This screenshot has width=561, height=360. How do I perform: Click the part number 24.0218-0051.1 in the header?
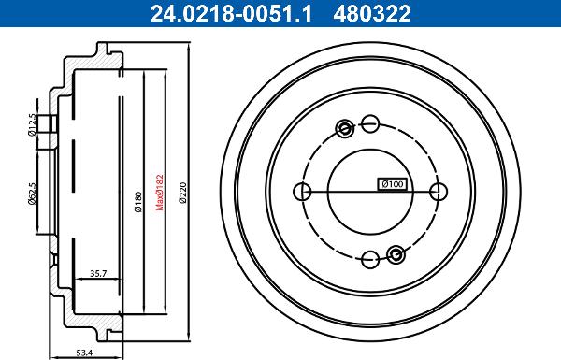pos(231,13)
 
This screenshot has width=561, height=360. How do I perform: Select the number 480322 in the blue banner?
pos(372,13)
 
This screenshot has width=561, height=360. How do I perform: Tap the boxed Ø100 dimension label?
pos(392,184)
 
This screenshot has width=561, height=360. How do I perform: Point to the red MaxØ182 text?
pos(160,192)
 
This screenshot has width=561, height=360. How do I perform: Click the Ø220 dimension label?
pos(183,193)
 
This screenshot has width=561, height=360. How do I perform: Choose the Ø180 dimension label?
pos(138,201)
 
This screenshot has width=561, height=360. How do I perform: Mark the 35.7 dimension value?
pos(98,273)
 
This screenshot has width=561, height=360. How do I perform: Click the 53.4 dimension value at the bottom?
pos(84,353)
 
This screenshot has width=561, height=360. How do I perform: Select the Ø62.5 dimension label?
pos(32,194)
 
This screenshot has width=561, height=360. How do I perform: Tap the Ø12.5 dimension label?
pos(32,124)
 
